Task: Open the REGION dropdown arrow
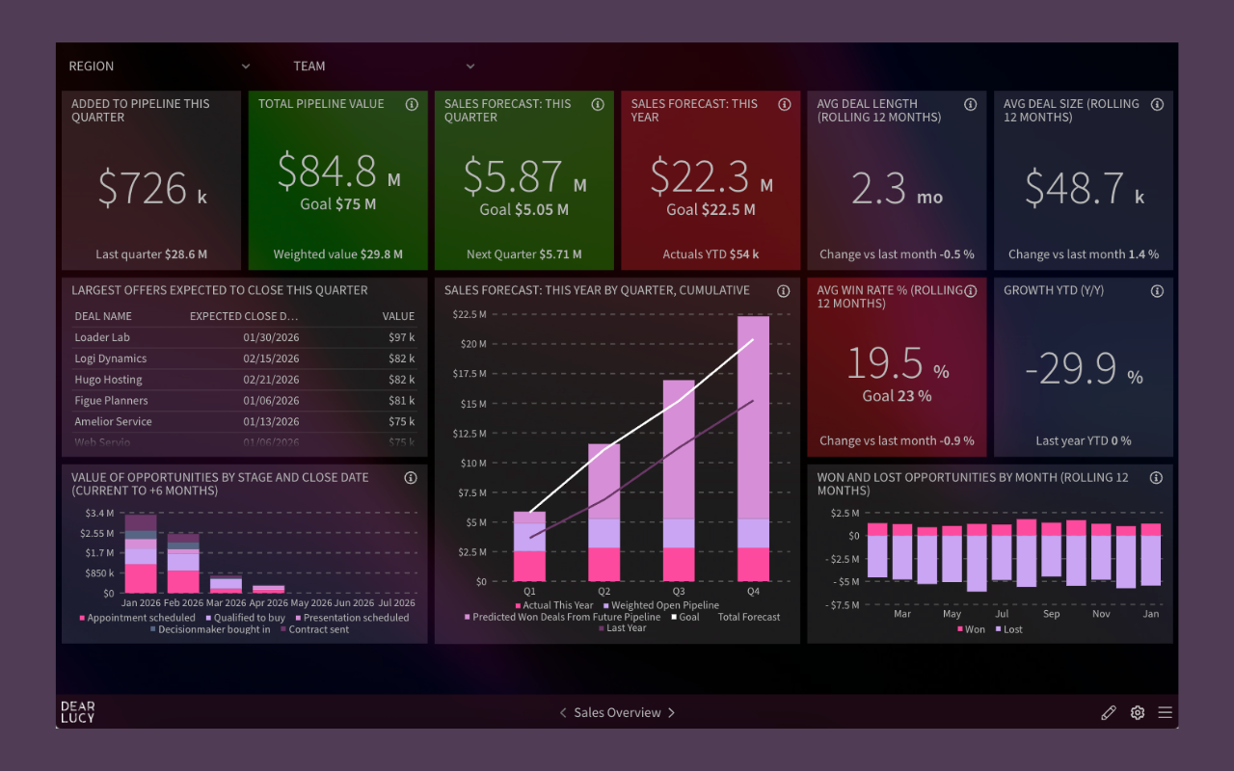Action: tap(246, 66)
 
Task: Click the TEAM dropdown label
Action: tap(309, 66)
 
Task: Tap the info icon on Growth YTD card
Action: tap(1157, 291)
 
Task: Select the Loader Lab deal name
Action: tap(102, 337)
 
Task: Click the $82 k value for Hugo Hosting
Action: tap(401, 380)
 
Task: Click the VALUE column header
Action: tap(398, 316)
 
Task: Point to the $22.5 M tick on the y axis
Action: tap(470, 314)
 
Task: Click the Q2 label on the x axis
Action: tap(604, 591)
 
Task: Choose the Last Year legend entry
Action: tap(627, 628)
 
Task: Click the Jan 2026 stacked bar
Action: tap(141, 554)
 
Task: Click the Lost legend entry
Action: tap(1012, 629)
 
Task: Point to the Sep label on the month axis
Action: tap(1051, 614)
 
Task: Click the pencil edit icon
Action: tap(1109, 713)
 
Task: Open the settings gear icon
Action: tap(1138, 713)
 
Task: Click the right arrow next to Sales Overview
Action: tap(672, 713)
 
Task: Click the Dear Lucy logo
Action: tap(77, 712)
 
